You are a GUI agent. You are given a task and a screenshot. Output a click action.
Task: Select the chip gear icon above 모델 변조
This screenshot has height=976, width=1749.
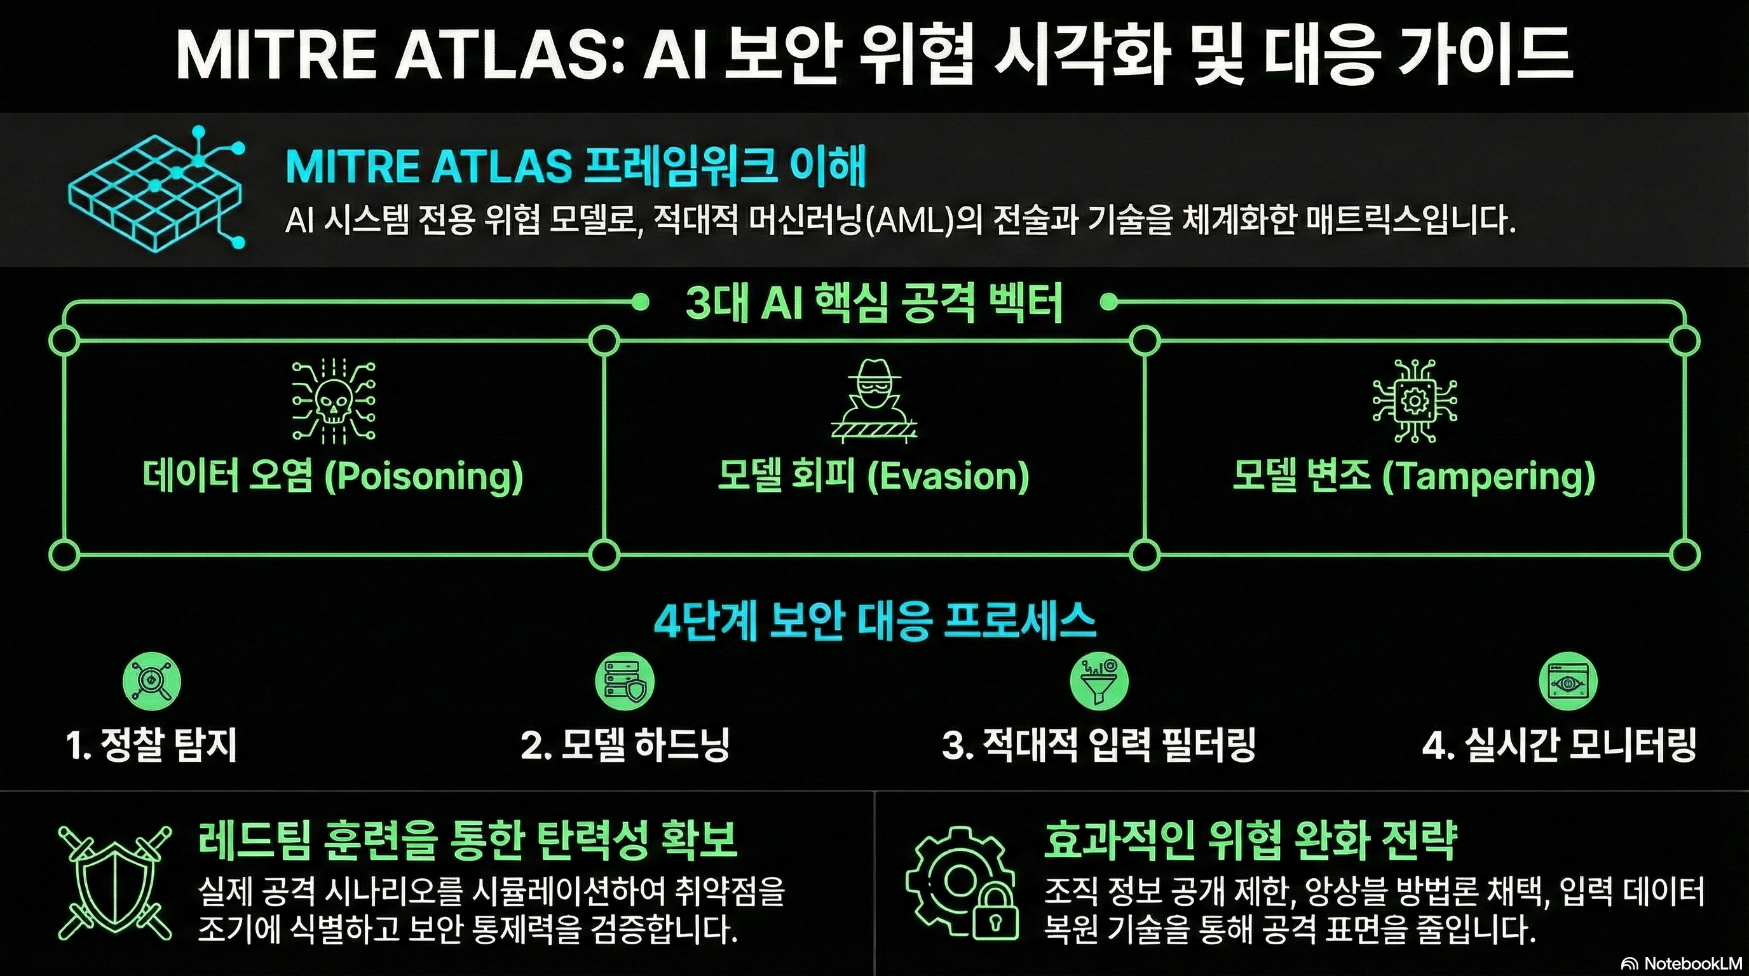1414,400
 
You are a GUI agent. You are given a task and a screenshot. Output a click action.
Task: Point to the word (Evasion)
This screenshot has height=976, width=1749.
948,477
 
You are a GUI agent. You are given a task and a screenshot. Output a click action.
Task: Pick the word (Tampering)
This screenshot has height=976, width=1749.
1488,477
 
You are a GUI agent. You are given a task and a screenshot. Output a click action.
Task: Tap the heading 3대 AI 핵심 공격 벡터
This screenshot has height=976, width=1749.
874,302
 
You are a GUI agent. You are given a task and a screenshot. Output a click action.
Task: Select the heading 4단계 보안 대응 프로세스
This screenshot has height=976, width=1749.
875,620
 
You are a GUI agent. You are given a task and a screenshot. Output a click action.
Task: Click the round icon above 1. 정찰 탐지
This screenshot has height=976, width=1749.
151,681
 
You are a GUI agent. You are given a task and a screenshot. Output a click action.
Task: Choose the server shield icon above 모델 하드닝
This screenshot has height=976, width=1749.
624,681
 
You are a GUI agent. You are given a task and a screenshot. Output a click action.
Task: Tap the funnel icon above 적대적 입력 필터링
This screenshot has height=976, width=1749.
1099,681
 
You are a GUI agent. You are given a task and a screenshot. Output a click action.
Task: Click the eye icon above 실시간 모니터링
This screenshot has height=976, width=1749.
1568,681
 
